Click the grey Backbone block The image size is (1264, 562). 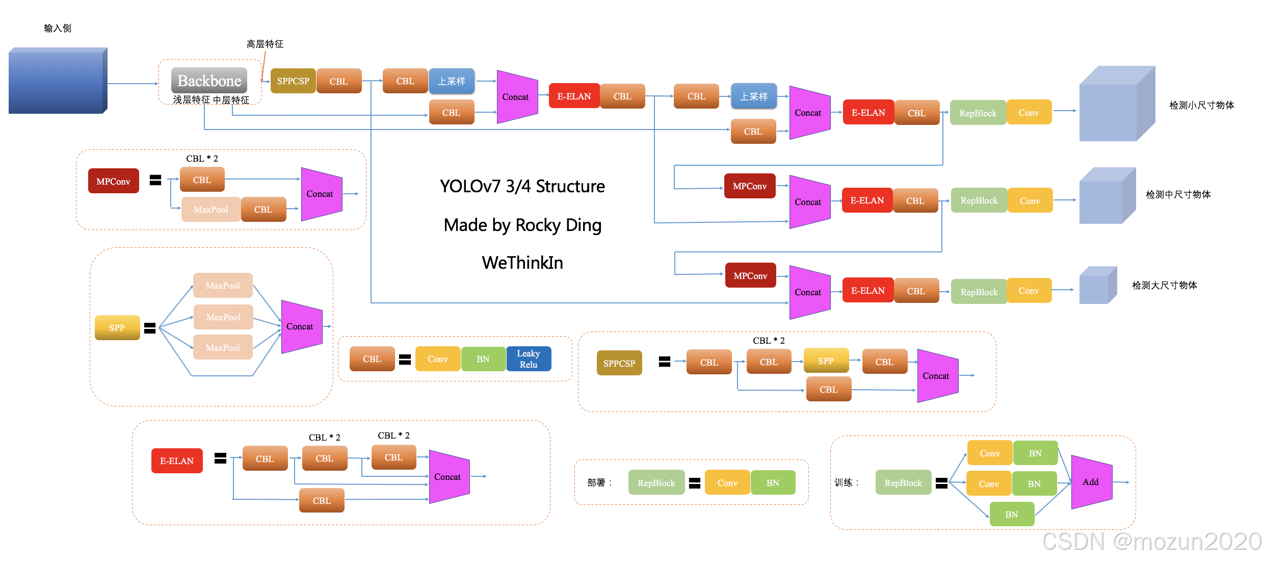coord(209,81)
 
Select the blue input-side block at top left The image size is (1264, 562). coord(57,81)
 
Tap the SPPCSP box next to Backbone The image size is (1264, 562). coord(293,81)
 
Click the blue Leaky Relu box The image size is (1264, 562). coord(529,359)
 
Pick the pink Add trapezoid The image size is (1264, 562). coord(1091,482)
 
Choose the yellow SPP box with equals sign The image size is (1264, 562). coord(117,328)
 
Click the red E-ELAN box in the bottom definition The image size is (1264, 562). coord(177,461)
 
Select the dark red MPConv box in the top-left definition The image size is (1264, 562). coord(113,182)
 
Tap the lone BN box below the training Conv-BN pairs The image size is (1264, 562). coord(1012,515)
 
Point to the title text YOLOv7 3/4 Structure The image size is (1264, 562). coord(522,186)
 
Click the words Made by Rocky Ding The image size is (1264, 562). coord(522,225)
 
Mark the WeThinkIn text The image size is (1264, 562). coord(522,263)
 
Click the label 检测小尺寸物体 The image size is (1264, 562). coord(1201,106)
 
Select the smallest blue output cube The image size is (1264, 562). coord(1097,286)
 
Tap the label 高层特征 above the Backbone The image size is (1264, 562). coord(265,44)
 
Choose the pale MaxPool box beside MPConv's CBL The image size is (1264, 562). coord(211,210)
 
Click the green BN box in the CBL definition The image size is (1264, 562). coord(483,359)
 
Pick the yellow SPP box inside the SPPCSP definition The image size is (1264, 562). coord(826,361)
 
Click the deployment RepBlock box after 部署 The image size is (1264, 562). coord(656,483)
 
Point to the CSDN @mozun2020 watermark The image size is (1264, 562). coord(1151,542)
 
